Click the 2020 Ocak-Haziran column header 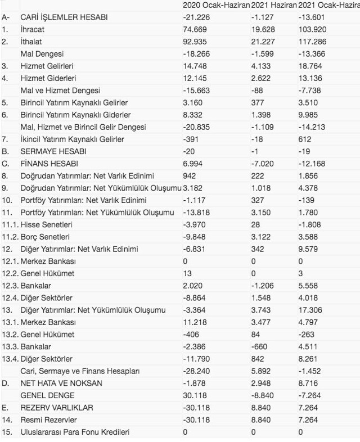click(216, 5)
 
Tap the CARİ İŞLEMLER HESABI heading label click(64, 17)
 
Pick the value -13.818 click(196, 212)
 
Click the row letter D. click(5, 383)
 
